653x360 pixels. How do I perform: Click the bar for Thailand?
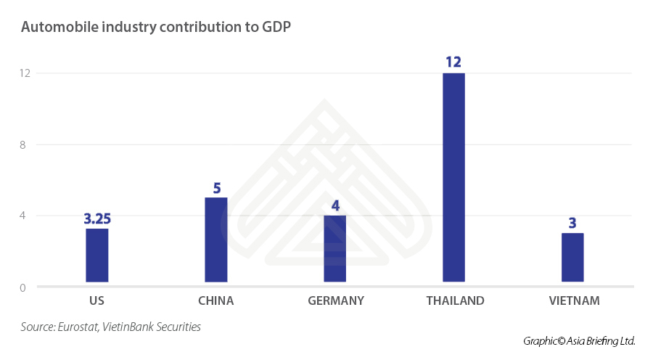[x=453, y=177]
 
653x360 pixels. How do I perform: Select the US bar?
[x=97, y=255]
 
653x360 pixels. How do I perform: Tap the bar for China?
[x=216, y=240]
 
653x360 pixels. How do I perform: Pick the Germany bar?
[x=335, y=248]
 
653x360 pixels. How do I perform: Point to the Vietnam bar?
[x=572, y=257]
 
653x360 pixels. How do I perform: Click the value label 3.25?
[x=97, y=218]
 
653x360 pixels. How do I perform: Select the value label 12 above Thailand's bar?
[x=453, y=62]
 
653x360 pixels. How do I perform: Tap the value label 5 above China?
[x=216, y=188]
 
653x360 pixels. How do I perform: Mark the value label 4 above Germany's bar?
[x=335, y=205]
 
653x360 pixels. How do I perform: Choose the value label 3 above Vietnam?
[x=572, y=223]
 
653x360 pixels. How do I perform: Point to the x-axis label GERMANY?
[x=335, y=300]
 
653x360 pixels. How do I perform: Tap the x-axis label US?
[x=97, y=300]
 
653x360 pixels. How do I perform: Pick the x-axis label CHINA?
[x=216, y=300]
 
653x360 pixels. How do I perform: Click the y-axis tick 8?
[x=22, y=144]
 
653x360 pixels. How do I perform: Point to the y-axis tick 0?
[x=22, y=287]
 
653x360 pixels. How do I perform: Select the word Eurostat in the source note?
[x=78, y=327]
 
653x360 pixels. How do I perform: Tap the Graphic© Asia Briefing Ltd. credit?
[x=578, y=340]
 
